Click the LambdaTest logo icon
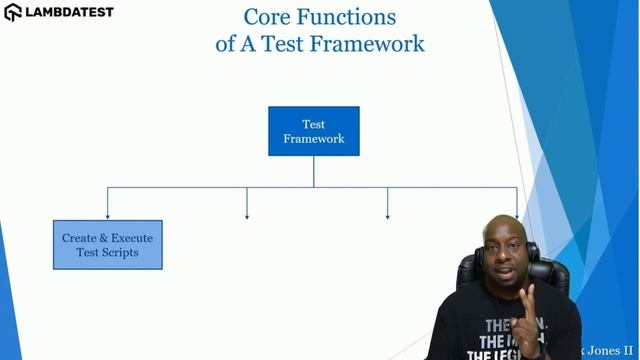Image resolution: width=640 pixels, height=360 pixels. point(13,13)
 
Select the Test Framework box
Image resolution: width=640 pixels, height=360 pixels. point(313,131)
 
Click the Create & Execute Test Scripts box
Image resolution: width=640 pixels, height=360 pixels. point(107,245)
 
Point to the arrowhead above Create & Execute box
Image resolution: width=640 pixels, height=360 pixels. point(107,214)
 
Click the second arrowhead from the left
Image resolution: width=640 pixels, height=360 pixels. point(247,214)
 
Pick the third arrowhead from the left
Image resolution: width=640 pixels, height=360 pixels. point(387,214)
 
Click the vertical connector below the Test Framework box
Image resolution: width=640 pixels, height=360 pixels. point(313,170)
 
